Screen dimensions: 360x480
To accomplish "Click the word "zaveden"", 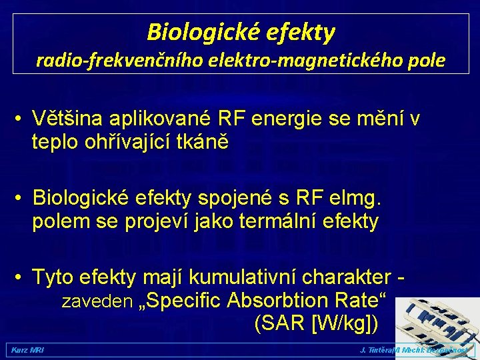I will (x=97, y=301).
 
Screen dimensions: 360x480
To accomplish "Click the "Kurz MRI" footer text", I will (x=25, y=350).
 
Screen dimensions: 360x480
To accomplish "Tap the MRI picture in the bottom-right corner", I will (x=437, y=320).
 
